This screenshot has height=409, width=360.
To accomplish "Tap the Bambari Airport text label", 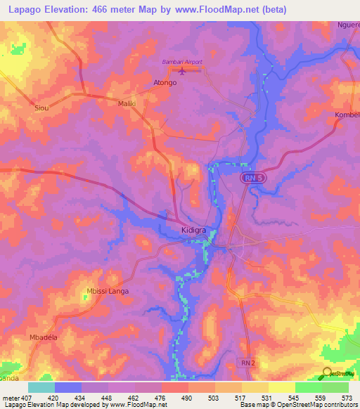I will [182, 62].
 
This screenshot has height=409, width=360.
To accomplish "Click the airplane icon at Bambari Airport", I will [183, 70].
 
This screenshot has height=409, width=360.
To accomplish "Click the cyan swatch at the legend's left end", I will [41, 387].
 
